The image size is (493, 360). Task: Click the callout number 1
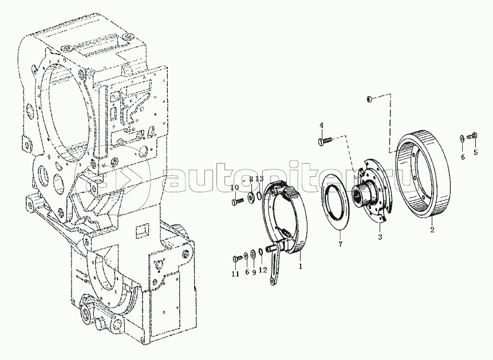tap(301, 266)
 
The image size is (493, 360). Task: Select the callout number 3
tap(379, 236)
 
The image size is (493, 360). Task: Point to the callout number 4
tap(321, 125)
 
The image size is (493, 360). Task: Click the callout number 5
tap(475, 152)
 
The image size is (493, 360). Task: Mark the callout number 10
tap(235, 188)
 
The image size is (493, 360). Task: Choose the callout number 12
tap(262, 270)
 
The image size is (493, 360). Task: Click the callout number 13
tap(259, 180)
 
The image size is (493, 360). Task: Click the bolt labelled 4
tap(325, 139)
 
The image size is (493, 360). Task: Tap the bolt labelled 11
tap(236, 259)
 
